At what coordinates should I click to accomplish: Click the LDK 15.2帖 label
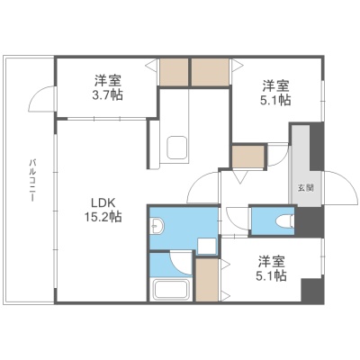click(x=103, y=210)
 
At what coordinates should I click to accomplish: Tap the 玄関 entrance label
click(x=306, y=188)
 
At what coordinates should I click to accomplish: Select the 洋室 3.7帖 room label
click(x=108, y=87)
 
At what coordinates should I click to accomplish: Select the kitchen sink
click(x=176, y=148)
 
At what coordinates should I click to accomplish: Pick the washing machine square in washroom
click(x=207, y=247)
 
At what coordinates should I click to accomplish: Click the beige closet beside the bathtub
click(x=207, y=280)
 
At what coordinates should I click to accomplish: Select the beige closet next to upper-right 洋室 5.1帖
click(x=211, y=72)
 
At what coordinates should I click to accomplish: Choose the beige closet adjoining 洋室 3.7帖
click(x=174, y=72)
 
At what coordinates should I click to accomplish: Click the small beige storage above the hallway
click(x=248, y=157)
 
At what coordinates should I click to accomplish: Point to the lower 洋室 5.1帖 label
click(x=271, y=268)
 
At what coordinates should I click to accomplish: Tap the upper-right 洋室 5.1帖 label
click(x=275, y=93)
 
